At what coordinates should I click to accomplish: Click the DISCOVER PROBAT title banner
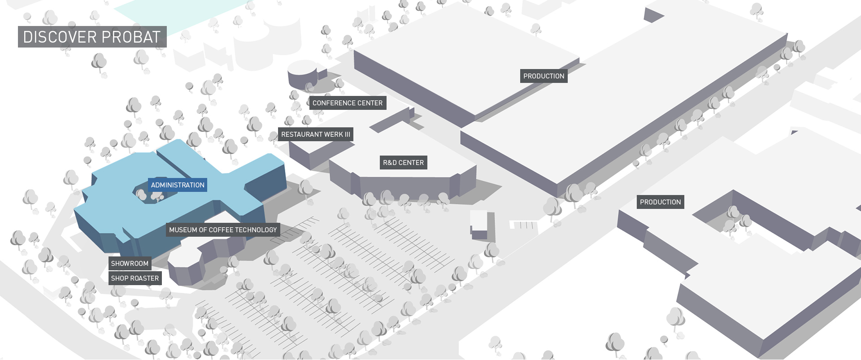pyautogui.click(x=92, y=37)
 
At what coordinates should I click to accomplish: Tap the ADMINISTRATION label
pyautogui.click(x=178, y=185)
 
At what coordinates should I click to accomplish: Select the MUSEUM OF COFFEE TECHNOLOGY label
pyautogui.click(x=223, y=230)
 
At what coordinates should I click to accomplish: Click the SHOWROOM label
pyautogui.click(x=130, y=264)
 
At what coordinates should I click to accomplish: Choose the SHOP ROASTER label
pyautogui.click(x=135, y=278)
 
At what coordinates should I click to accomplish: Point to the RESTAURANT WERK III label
pyautogui.click(x=316, y=134)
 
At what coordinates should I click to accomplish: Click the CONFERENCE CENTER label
pyautogui.click(x=348, y=103)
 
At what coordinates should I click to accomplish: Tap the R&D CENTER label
pyautogui.click(x=404, y=163)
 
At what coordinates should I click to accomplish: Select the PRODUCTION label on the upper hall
pyautogui.click(x=544, y=76)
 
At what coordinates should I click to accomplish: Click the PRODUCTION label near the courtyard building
pyautogui.click(x=661, y=202)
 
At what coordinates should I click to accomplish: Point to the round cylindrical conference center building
pyautogui.click(x=303, y=74)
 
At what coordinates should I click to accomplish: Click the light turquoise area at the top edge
pyautogui.click(x=179, y=13)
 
